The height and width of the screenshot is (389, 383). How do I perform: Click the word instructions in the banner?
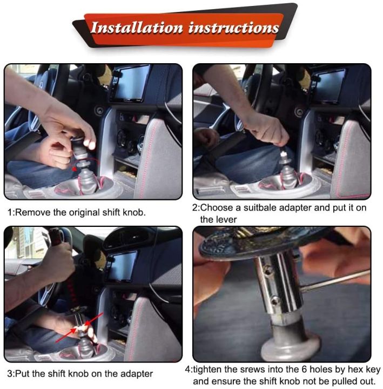click(x=233, y=28)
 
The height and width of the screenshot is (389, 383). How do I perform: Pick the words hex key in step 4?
click(x=360, y=370)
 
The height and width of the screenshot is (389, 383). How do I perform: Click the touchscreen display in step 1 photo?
click(x=130, y=84)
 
